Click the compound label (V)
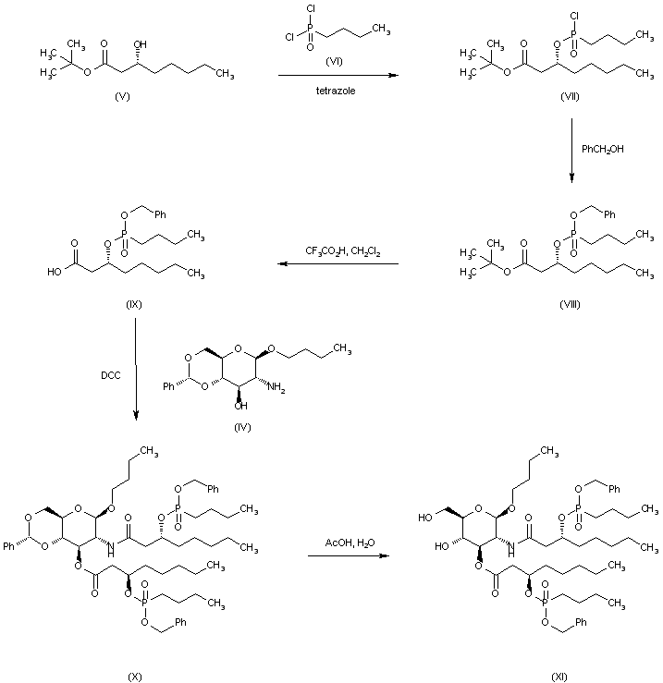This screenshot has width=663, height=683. pos(121,95)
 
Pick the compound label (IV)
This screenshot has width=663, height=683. pos(244,427)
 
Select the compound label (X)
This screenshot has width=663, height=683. pos(135,676)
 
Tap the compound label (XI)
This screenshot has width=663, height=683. pos(559,676)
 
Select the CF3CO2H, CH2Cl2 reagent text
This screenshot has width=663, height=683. pos(338,251)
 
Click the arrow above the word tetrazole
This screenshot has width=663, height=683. pos(338,75)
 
